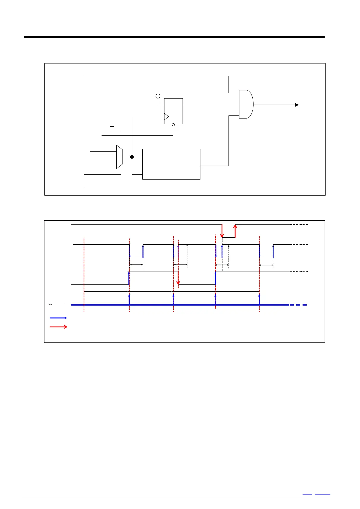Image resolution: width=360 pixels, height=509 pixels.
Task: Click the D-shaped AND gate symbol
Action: click(x=246, y=104)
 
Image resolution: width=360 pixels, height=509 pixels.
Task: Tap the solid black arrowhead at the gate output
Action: click(x=297, y=105)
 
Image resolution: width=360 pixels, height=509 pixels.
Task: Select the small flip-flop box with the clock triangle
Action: click(x=174, y=111)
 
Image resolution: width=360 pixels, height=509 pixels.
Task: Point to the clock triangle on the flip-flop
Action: click(x=166, y=117)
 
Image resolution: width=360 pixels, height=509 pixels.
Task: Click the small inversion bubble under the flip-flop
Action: click(x=173, y=125)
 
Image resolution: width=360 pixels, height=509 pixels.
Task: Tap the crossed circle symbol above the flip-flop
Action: click(x=157, y=96)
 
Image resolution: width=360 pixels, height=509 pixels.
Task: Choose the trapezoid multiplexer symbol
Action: click(x=120, y=157)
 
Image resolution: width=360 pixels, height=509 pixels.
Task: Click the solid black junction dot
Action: click(x=132, y=157)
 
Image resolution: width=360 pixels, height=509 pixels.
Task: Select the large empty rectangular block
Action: click(x=171, y=164)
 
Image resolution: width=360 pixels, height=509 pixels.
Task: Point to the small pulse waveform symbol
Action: click(x=112, y=129)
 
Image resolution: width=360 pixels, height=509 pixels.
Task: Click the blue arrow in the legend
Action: click(x=58, y=318)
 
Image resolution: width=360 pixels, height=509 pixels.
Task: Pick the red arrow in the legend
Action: click(x=58, y=327)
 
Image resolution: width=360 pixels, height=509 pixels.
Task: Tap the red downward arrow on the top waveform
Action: click(x=222, y=231)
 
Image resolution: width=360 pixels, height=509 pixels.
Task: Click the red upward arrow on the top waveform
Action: click(x=235, y=231)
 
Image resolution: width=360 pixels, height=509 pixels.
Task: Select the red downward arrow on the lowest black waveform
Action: click(x=178, y=278)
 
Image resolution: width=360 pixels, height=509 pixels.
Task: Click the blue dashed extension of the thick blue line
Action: click(x=298, y=305)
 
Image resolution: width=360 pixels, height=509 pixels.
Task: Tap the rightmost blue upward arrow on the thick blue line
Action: click(x=259, y=299)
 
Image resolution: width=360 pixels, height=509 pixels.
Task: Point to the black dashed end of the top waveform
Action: click(x=299, y=225)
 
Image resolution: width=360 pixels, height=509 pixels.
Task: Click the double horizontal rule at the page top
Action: click(x=174, y=37)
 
